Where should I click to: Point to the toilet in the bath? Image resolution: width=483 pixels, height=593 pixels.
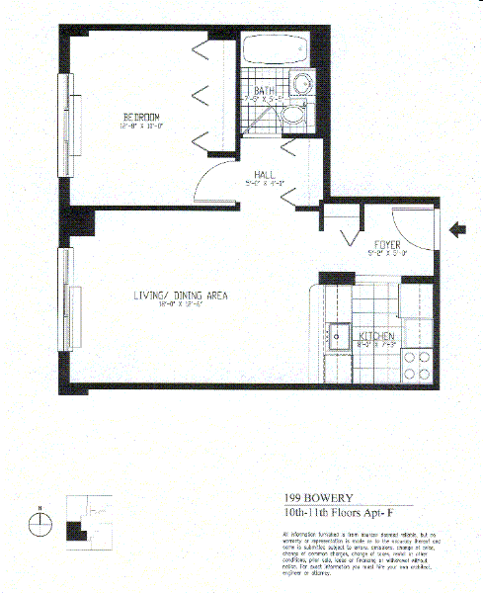(x=293, y=117)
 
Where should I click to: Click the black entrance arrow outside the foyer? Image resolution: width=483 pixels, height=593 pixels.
(x=458, y=230)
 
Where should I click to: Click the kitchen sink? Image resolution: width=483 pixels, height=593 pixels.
(x=341, y=337)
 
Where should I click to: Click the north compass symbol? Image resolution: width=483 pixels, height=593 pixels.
(x=39, y=524)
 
